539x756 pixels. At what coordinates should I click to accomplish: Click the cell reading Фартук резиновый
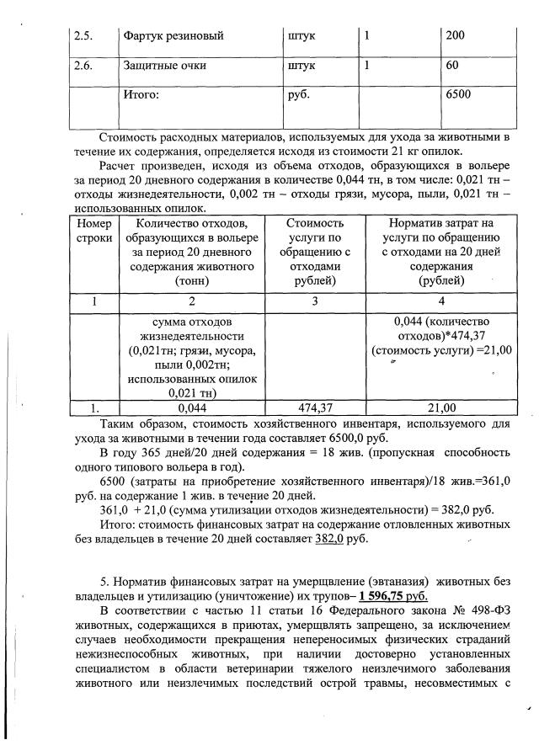click(x=173, y=37)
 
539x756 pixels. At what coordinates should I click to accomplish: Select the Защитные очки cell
click(x=165, y=65)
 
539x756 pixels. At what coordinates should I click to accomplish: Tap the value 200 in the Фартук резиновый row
click(x=456, y=37)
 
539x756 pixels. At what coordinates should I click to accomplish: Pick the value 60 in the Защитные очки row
click(x=453, y=65)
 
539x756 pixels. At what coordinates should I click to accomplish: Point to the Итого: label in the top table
click(x=141, y=94)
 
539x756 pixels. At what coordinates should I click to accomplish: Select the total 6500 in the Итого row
click(x=459, y=94)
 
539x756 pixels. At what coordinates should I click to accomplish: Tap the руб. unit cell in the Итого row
click(x=299, y=94)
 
